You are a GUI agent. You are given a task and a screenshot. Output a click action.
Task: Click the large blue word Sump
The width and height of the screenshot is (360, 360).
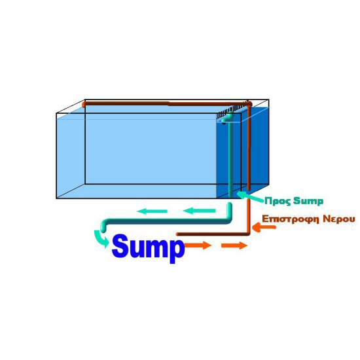(x=148, y=248)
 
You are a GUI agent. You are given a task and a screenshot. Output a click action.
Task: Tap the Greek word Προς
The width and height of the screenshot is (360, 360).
(x=278, y=201)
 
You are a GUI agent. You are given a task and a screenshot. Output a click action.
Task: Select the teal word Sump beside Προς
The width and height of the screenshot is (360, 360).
(x=308, y=201)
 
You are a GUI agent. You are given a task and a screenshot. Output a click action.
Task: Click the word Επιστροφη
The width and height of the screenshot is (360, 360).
(x=291, y=219)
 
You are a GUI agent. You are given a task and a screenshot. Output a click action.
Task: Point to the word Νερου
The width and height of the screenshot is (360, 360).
(x=339, y=219)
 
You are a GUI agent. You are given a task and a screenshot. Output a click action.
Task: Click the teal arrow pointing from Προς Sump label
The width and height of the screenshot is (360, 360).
(x=250, y=197)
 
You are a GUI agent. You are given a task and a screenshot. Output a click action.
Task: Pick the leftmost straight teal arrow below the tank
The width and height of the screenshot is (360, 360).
(x=153, y=211)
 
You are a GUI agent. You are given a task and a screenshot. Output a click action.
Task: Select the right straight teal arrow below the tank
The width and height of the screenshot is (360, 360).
(x=199, y=211)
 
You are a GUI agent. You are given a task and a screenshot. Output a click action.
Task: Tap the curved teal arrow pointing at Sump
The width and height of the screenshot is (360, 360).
(x=101, y=239)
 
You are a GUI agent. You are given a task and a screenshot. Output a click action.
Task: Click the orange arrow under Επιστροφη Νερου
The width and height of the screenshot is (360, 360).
(x=264, y=227)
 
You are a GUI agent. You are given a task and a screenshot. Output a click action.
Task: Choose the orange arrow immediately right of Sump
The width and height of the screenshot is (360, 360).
(x=198, y=245)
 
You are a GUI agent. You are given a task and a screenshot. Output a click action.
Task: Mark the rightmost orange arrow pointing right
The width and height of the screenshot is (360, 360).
(x=234, y=245)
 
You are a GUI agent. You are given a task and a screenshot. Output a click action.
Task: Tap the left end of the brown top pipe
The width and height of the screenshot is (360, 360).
(x=84, y=105)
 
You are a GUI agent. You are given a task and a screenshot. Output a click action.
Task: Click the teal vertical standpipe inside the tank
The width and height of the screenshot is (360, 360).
(x=230, y=158)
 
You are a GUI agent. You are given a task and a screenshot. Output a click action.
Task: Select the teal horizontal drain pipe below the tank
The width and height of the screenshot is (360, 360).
(x=166, y=221)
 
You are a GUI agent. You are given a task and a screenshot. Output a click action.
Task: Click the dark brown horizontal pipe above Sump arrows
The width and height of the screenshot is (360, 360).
(x=212, y=234)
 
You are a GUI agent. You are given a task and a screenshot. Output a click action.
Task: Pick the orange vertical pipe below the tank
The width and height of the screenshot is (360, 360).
(x=249, y=216)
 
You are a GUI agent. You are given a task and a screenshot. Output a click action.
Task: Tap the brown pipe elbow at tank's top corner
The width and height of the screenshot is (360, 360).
(x=249, y=105)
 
